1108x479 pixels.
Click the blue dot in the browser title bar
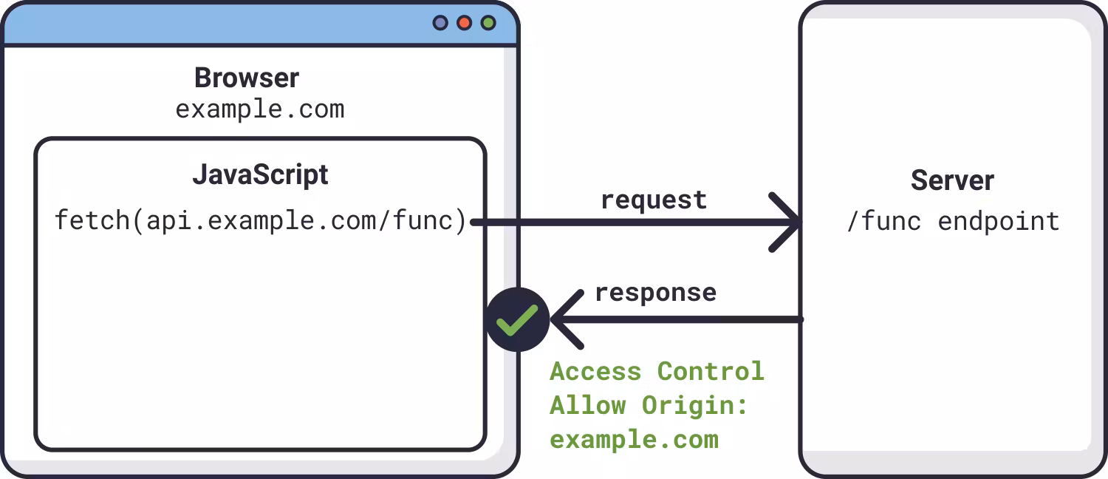(x=440, y=23)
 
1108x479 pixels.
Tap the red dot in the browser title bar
(x=464, y=23)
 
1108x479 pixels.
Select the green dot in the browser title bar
(x=488, y=23)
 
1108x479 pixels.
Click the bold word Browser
(x=247, y=78)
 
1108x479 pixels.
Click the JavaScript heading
(x=260, y=174)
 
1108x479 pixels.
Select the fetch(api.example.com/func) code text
(x=260, y=221)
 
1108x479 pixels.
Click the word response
(x=655, y=293)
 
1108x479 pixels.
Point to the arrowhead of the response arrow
(x=567, y=319)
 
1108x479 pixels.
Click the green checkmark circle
(x=517, y=319)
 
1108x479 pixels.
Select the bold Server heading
(x=952, y=180)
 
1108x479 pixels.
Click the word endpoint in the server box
(x=999, y=221)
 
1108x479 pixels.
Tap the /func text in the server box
(x=884, y=221)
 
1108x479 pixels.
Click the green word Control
(x=711, y=372)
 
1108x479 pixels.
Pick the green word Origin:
(x=694, y=407)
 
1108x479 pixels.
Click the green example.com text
(x=634, y=440)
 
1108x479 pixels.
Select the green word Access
(x=595, y=372)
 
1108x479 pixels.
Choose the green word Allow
(x=588, y=406)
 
